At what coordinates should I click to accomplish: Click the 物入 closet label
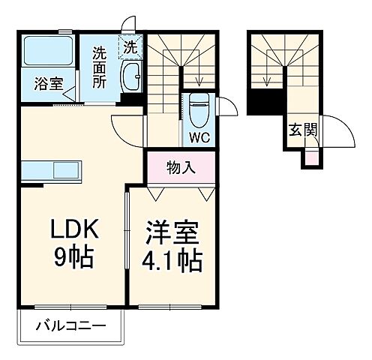tap(181, 167)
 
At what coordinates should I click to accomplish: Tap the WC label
tap(199, 138)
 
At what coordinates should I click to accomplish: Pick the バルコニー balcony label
tap(68, 327)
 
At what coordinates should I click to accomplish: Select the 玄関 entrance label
tap(302, 130)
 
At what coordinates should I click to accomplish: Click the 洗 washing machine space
tap(130, 46)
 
